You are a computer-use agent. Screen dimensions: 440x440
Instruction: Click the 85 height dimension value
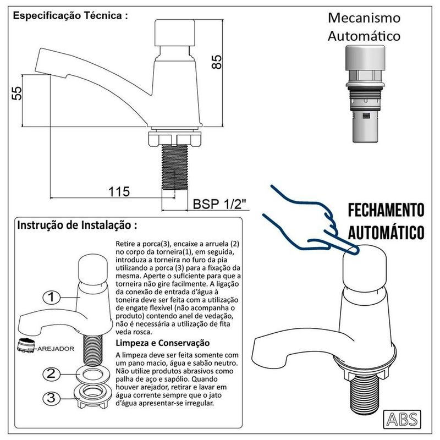point(217,62)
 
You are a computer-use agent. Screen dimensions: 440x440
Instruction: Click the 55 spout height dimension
point(17,93)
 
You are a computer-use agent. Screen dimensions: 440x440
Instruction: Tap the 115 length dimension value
point(119,192)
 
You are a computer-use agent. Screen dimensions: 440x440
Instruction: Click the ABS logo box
point(402,419)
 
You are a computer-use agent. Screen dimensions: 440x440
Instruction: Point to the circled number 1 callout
point(51,298)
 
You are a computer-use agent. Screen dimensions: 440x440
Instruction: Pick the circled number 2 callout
point(51,374)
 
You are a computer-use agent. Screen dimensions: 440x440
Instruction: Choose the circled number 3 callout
point(51,398)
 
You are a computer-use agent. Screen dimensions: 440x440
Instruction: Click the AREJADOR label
point(56,349)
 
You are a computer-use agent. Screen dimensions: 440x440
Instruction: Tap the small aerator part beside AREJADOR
point(25,345)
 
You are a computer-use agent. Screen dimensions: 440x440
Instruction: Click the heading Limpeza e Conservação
point(163,343)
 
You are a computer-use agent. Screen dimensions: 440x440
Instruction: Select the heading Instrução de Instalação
point(77,225)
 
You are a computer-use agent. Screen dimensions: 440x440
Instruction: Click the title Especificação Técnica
point(70,15)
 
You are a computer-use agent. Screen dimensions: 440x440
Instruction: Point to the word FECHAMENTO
point(386,210)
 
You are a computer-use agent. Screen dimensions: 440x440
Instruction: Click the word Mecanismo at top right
point(364,18)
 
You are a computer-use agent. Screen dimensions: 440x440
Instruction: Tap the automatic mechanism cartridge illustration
point(365,94)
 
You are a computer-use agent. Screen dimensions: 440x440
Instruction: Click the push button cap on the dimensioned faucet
point(175,32)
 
